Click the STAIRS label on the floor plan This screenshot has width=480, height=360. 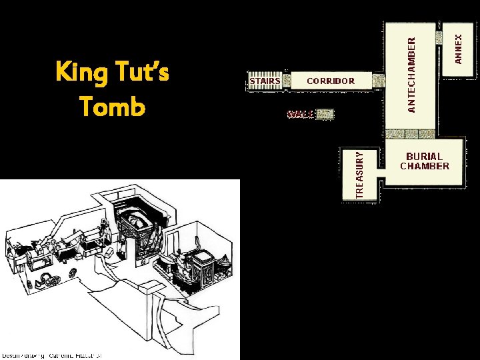pos(265,81)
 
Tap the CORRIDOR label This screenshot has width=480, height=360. pos(331,81)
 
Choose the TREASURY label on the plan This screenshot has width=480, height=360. pos(360,173)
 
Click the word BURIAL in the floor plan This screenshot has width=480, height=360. pos(424,157)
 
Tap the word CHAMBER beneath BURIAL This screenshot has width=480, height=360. pos(424,167)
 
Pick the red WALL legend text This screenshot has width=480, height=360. pos(301,114)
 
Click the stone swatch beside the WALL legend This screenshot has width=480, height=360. pos(325,114)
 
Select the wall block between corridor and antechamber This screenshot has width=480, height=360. pos(378,81)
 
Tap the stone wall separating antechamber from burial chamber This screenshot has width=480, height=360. pos(411,134)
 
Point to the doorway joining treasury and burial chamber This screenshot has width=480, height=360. pos(382,177)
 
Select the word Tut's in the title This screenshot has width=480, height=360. pos(141,71)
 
